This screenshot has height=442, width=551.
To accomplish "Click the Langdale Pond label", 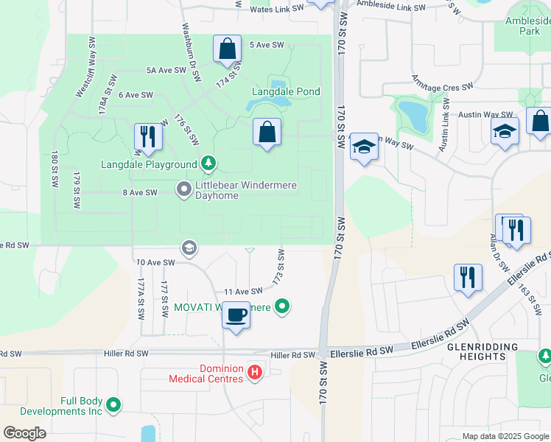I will [287, 91].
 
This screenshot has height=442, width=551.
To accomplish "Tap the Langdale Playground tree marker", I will [208, 163].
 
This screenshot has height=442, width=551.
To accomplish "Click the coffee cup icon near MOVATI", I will [236, 315].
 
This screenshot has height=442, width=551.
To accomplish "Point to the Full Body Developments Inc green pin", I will [113, 404].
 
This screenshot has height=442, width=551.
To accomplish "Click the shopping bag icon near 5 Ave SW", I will [228, 49].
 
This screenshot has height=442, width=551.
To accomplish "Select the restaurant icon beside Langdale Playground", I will [148, 137].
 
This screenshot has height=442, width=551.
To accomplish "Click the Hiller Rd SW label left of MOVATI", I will [126, 354].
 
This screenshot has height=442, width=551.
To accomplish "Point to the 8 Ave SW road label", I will [140, 192].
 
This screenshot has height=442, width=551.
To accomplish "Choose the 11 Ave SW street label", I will [243, 292].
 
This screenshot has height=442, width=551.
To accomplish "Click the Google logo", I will [24, 433].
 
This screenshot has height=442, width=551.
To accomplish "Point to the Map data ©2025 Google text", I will [505, 436].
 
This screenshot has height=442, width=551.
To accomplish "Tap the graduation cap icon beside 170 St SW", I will [364, 147].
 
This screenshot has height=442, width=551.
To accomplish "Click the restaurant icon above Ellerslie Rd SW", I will [468, 278].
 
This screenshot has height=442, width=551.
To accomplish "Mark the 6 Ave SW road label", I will [136, 95].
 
